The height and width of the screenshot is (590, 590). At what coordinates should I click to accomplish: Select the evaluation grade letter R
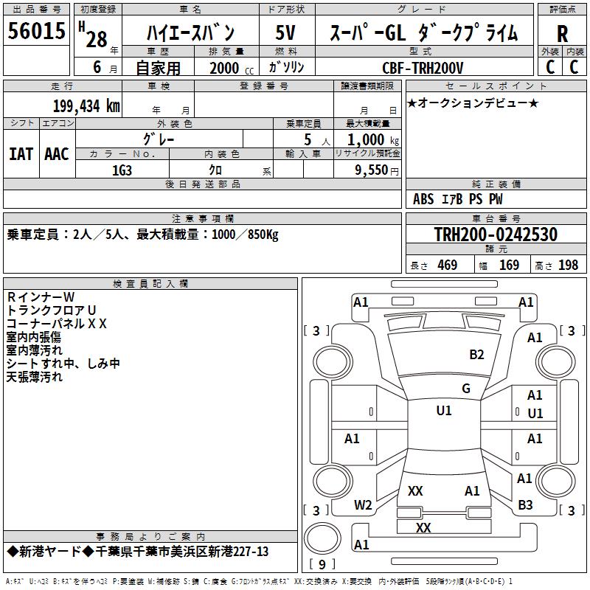[562, 34]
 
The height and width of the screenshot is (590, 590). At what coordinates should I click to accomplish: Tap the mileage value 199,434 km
[86, 105]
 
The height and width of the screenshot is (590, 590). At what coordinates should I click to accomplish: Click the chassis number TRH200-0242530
[495, 235]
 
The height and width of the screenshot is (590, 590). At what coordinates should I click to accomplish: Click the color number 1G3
[122, 170]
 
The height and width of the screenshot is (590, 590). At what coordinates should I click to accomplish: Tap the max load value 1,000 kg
[368, 139]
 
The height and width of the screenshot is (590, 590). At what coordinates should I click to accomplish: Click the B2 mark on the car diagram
[477, 354]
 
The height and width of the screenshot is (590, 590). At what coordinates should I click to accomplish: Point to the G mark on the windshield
[465, 388]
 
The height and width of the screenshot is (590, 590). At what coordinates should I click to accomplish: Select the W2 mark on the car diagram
[363, 504]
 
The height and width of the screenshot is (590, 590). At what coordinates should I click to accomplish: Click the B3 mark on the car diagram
[525, 504]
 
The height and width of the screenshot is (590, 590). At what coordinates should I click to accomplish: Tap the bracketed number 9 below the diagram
[321, 564]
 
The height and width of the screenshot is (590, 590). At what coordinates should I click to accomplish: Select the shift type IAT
[21, 153]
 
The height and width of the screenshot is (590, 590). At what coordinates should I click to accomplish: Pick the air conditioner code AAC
[57, 153]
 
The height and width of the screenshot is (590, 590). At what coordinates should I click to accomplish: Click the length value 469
[447, 265]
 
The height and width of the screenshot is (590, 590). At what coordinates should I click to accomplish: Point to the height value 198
[568, 265]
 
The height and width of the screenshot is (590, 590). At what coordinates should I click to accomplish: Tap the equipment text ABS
[423, 199]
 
